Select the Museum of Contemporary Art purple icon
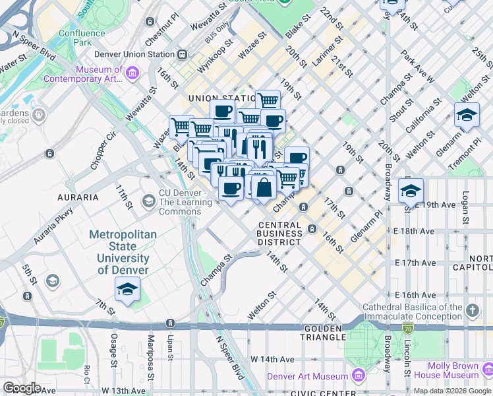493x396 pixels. point(132,71)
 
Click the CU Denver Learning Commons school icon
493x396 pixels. point(149,200)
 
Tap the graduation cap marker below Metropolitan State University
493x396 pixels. point(128,289)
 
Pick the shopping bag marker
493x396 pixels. point(264,187)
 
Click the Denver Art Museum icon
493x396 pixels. point(359,376)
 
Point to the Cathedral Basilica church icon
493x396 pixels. point(472,310)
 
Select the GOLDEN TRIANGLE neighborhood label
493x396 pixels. point(324,333)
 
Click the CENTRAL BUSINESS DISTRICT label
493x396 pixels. point(279,234)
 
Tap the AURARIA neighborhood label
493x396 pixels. point(78,197)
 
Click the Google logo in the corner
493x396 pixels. point(22,387)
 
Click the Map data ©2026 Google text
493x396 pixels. point(452,391)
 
